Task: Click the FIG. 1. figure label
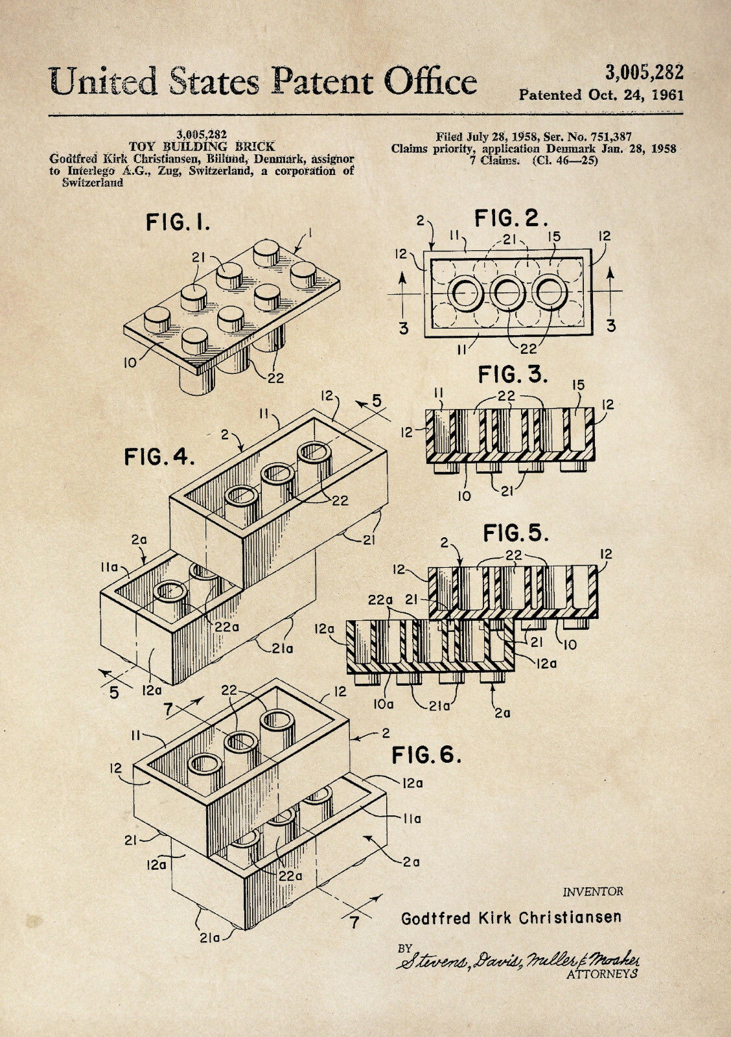coord(178,222)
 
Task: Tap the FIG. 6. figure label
coord(426,754)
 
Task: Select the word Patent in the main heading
coord(322,81)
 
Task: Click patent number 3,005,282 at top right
coord(644,72)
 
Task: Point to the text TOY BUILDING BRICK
coord(202,146)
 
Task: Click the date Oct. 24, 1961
coord(636,95)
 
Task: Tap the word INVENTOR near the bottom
coord(592,891)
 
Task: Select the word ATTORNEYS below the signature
coord(602,973)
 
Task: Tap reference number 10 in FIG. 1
coord(130,363)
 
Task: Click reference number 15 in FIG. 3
coord(578,385)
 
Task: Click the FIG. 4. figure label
coord(159,458)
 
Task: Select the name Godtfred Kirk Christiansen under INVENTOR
coord(511,918)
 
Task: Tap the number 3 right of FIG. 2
coord(610,327)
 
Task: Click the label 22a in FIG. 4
coord(227,627)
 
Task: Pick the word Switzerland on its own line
coord(92,183)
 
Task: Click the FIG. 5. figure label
coord(516,533)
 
